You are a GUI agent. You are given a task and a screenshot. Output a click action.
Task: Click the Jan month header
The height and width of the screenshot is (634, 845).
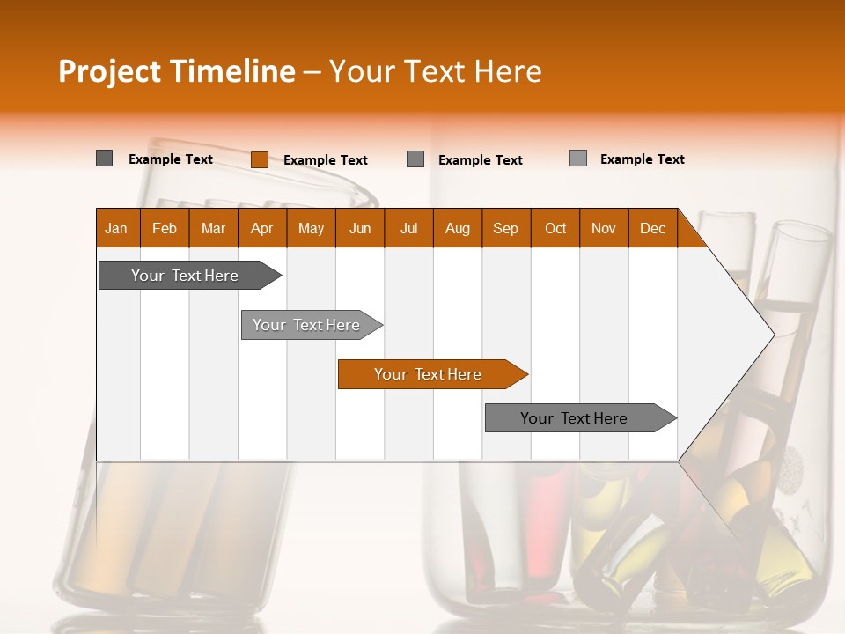pyautogui.click(x=117, y=228)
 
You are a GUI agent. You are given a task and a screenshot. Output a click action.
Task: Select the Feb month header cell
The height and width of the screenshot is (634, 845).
pyautogui.click(x=165, y=228)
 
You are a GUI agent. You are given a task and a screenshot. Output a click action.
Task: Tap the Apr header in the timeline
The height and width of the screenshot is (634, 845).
pyautogui.click(x=261, y=228)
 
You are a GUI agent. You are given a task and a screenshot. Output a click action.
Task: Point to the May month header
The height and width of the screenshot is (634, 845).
pyautogui.click(x=311, y=228)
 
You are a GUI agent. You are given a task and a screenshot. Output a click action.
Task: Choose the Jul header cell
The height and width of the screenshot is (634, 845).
pyautogui.click(x=408, y=228)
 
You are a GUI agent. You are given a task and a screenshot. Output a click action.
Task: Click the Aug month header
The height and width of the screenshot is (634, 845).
pyautogui.click(x=457, y=228)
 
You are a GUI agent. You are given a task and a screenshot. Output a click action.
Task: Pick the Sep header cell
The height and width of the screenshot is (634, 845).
pyautogui.click(x=506, y=228)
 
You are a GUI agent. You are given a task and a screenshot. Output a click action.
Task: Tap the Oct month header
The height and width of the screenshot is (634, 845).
pyautogui.click(x=555, y=228)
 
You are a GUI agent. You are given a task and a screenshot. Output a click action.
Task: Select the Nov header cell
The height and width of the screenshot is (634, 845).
pyautogui.click(x=604, y=228)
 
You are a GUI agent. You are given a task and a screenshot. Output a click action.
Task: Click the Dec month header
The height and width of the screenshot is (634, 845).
pyautogui.click(x=652, y=228)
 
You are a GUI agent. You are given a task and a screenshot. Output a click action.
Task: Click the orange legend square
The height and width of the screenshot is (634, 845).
pyautogui.click(x=259, y=159)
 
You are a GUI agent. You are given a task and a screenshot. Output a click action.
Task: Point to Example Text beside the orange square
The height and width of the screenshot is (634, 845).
pyautogui.click(x=325, y=160)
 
